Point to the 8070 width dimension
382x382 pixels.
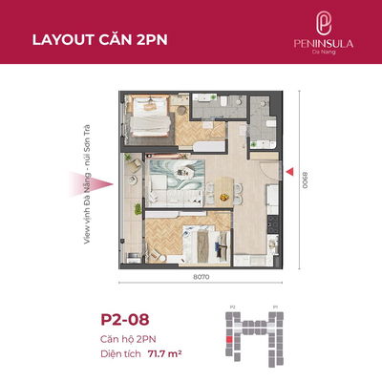(200, 276)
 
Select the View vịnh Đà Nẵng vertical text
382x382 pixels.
(87, 181)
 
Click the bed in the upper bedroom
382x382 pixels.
(146, 120)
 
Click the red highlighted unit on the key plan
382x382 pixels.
(228, 338)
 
